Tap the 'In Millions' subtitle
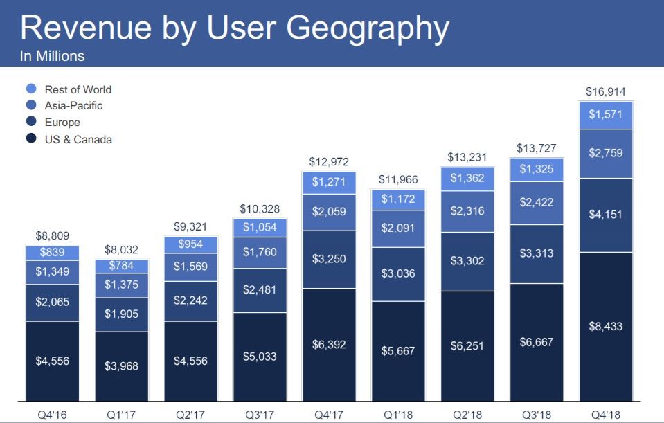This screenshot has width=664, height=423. click(x=52, y=57)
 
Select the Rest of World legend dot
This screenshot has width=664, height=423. click(x=31, y=89)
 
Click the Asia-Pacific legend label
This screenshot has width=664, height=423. click(x=73, y=106)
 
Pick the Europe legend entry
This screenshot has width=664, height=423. click(x=62, y=123)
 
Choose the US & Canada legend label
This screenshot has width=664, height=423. click(x=78, y=139)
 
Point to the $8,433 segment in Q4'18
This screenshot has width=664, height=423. click(x=605, y=326)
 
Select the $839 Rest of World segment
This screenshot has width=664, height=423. click(x=53, y=253)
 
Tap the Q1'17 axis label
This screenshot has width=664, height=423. click(x=122, y=415)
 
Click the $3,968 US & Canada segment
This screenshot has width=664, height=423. click(x=122, y=366)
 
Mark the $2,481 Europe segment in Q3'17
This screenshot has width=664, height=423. click(x=260, y=290)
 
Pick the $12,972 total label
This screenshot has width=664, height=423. click(x=329, y=162)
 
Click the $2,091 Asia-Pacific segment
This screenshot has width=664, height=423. click(x=398, y=228)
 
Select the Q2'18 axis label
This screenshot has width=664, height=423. click(x=467, y=415)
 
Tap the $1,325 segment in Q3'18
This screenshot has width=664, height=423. click(x=537, y=169)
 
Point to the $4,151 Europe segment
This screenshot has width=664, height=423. click(x=605, y=215)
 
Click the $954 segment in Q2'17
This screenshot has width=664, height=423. click(x=191, y=244)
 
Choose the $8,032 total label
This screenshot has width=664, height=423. click(x=122, y=249)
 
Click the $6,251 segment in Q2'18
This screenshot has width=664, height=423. click(x=467, y=345)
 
